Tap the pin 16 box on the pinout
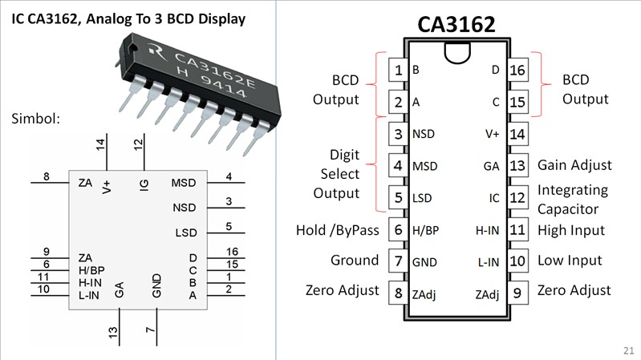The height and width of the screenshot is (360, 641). [x=517, y=71]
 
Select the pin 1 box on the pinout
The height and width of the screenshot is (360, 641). [x=397, y=71]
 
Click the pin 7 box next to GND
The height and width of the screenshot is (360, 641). [x=397, y=261]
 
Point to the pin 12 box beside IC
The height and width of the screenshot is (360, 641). [x=517, y=197]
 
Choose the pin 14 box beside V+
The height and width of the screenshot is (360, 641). [x=517, y=134]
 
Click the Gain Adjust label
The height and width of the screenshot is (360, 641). [x=574, y=165]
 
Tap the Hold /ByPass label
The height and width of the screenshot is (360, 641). [x=337, y=231]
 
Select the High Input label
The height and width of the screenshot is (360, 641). [x=571, y=231]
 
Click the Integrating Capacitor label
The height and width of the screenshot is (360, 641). [x=573, y=200]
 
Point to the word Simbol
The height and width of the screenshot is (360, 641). [x=37, y=119]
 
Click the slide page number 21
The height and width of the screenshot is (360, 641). [x=627, y=350]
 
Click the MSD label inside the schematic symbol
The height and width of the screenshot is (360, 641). [x=184, y=184]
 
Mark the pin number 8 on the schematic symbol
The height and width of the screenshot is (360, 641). [x=47, y=176]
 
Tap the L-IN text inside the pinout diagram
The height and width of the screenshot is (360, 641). [x=489, y=261]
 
